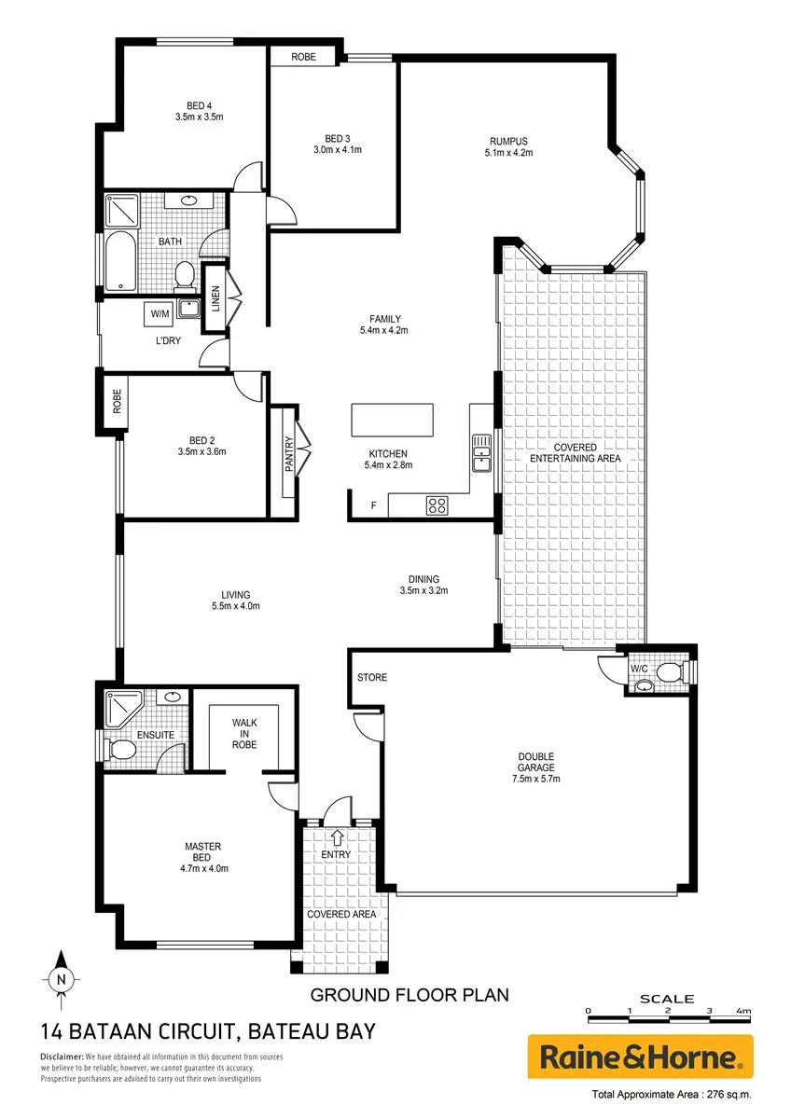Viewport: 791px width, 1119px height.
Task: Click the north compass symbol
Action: pos(61,979)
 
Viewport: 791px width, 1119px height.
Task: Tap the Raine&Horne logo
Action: pos(640,1056)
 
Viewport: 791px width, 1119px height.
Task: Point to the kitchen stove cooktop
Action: pos(437,505)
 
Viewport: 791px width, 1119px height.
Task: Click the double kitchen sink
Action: pos(481,453)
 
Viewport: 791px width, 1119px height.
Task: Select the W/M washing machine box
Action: pos(160,314)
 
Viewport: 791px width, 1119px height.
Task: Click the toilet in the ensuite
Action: pos(120,750)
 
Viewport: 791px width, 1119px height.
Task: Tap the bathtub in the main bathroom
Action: pos(121,261)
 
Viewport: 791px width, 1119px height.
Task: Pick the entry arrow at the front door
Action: pos(338,837)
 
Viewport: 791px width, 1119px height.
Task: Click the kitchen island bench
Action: pos(393,421)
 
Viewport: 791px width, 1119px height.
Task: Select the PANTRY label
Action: pos(289,453)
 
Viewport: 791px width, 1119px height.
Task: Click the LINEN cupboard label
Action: pos(215,298)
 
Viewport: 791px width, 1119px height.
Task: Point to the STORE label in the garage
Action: pos(372,677)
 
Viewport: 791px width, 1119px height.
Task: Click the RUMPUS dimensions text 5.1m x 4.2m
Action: pos(508,153)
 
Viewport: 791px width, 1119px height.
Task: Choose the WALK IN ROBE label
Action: pos(244,733)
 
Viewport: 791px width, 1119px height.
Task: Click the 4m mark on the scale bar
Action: pos(743,1011)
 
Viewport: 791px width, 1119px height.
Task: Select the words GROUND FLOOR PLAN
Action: pos(409,996)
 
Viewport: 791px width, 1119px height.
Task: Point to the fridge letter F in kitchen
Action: pos(373,505)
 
